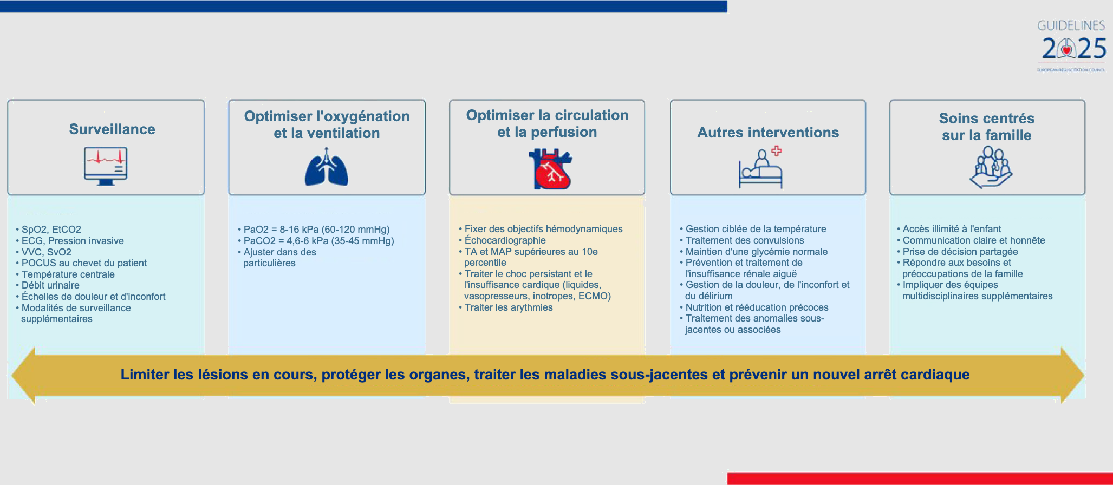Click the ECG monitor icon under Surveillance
pyautogui.click(x=106, y=166)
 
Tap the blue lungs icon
pyautogui.click(x=326, y=168)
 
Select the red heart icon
pyautogui.click(x=550, y=170)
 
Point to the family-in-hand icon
pyautogui.click(x=991, y=168)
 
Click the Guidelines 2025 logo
pyautogui.click(x=1071, y=45)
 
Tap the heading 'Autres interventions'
pyautogui.click(x=767, y=133)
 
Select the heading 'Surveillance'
pyautogui.click(x=112, y=129)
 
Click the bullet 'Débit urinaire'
pyautogui.click(x=50, y=285)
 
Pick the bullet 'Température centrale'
pyautogui.click(x=68, y=274)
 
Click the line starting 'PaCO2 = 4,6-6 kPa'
pyautogui.click(x=318, y=241)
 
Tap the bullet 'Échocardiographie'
pyautogui.click(x=505, y=240)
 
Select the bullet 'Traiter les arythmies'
pyautogui.click(x=508, y=307)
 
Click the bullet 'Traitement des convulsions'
pyautogui.click(x=744, y=240)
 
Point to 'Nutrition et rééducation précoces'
pyautogui.click(x=756, y=307)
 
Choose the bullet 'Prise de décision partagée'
pyautogui.click(x=960, y=252)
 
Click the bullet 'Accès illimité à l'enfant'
pyautogui.click(x=951, y=229)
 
